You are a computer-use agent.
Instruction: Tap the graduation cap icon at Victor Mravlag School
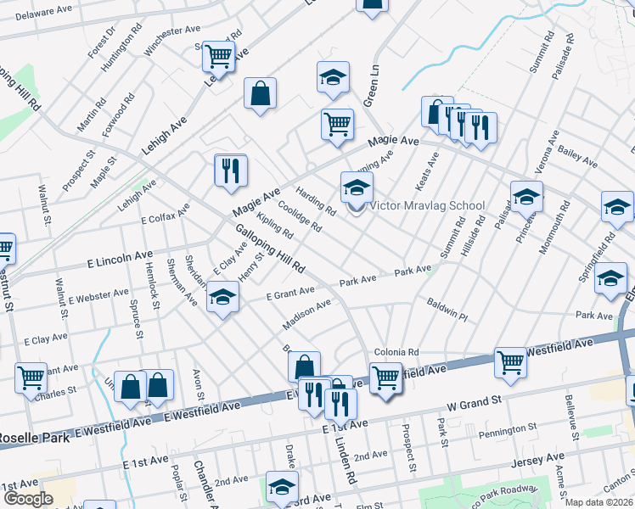(x=357, y=187)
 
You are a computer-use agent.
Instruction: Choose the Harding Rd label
(x=317, y=201)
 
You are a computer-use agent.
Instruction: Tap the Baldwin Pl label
(x=447, y=309)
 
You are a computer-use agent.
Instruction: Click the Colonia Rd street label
(x=396, y=352)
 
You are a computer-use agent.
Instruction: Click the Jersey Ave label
(x=532, y=462)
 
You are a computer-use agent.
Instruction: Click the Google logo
(x=27, y=499)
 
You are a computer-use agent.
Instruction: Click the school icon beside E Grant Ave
(x=222, y=298)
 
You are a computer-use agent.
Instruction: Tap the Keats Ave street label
(x=426, y=171)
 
